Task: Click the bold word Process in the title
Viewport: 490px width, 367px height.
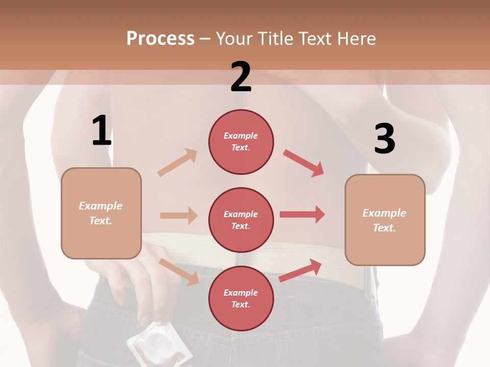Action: pos(160,38)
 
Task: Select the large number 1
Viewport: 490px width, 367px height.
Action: pos(102,130)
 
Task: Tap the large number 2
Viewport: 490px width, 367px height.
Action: pos(241,77)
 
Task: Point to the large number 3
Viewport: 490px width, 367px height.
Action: pos(384,139)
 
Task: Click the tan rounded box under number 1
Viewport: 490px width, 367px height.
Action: pos(101,213)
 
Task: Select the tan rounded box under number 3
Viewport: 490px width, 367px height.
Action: pos(385,220)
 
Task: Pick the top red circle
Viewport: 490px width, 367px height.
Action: pos(241,142)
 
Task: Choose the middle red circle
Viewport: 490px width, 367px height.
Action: pos(241,220)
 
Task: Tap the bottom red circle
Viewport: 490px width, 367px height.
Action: pos(241,298)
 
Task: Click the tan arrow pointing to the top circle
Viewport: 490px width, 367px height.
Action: pos(178,163)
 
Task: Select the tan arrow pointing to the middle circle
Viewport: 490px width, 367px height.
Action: pos(179,216)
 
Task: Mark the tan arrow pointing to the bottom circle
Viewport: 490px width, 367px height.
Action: pos(179,271)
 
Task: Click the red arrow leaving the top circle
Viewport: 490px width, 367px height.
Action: pos(304,163)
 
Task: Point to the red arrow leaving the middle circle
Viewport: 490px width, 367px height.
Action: pos(302,214)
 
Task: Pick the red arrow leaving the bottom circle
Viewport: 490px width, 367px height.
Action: pos(301,270)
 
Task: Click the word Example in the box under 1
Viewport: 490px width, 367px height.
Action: pos(101,206)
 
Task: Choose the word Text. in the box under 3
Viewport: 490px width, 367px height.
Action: pos(384,227)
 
